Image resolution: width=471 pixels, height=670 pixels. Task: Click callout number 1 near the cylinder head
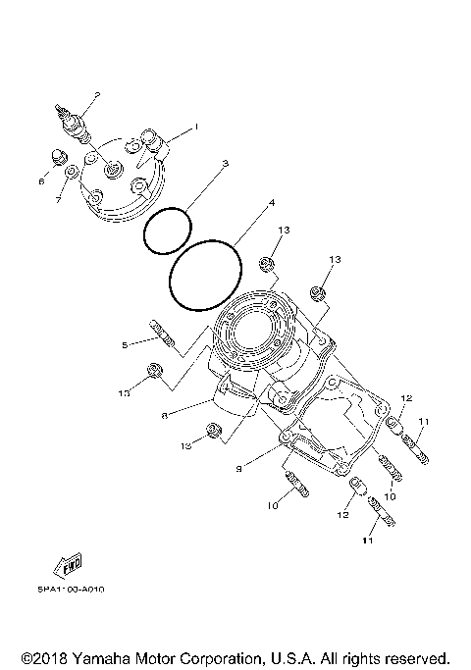click(195, 127)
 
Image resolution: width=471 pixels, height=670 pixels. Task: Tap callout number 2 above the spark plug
click(97, 94)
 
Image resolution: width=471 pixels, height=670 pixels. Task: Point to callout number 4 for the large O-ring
click(271, 204)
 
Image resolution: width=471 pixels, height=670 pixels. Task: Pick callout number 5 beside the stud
click(125, 344)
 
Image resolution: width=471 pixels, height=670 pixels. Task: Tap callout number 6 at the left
click(42, 180)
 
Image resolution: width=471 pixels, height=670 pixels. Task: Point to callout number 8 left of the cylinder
click(165, 416)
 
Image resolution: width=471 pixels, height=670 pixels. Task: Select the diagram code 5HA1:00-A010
click(73, 589)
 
